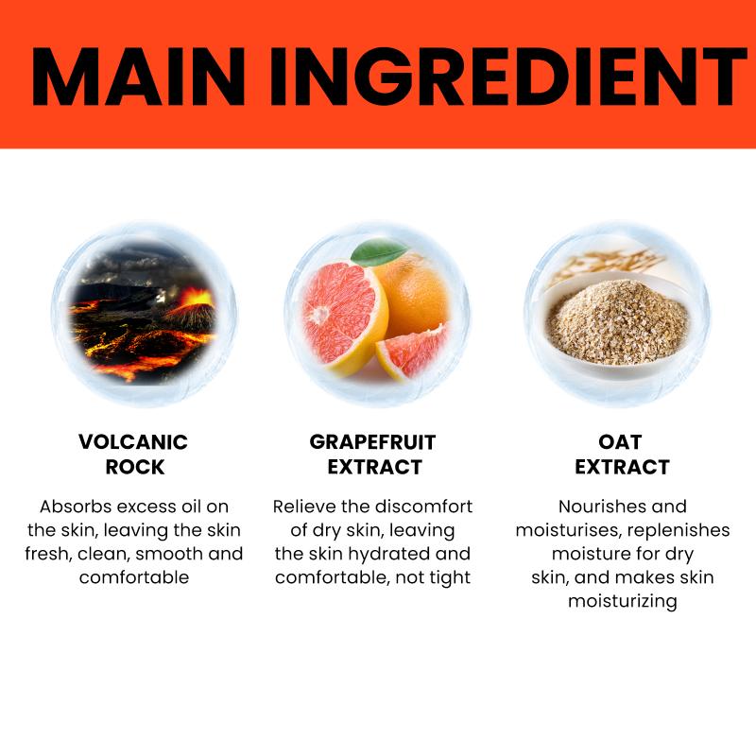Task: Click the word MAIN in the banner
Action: click(138, 77)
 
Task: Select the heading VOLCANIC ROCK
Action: click(133, 455)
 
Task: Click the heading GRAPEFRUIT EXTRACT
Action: click(372, 455)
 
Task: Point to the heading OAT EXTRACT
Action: click(622, 455)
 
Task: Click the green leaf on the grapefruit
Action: click(379, 251)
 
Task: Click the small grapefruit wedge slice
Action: click(413, 351)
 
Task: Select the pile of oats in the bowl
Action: click(617, 320)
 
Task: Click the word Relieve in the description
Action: click(303, 507)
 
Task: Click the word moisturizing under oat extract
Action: click(623, 602)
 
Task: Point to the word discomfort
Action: click(423, 507)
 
